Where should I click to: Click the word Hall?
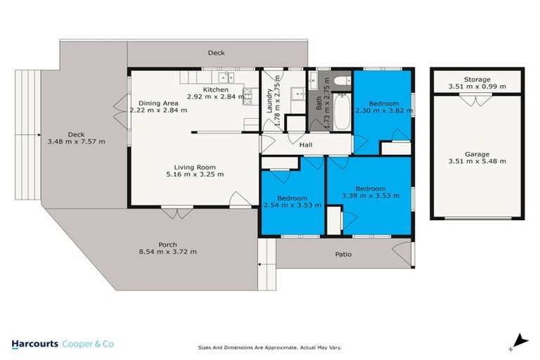click(x=306, y=145)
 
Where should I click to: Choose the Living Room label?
click(x=191, y=167)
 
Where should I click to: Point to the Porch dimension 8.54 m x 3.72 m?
click(x=167, y=252)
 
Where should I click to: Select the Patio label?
click(x=343, y=255)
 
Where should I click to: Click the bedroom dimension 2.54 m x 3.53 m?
click(x=292, y=205)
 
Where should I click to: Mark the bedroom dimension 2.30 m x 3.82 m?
click(x=382, y=110)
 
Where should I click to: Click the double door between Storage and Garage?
click(x=477, y=100)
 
